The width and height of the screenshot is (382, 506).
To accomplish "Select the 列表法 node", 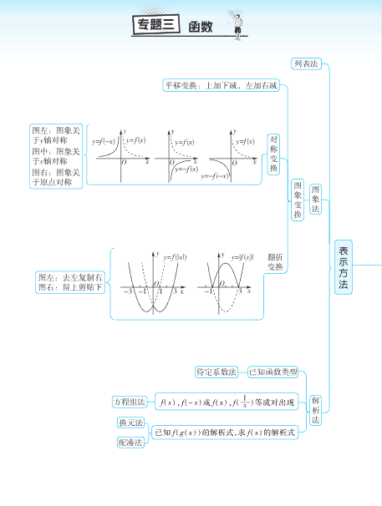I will coord(306,63).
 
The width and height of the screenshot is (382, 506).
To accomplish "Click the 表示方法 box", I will coord(343,267).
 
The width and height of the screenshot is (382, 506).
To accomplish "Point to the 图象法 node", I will coord(316,200).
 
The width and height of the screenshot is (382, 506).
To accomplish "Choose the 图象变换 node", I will coord(298,200).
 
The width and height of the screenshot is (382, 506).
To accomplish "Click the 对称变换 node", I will coord(273,154).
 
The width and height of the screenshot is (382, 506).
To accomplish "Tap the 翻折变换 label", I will coord(275,262).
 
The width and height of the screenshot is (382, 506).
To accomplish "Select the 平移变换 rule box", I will coord(221,85).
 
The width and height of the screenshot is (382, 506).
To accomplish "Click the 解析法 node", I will coord(316,410).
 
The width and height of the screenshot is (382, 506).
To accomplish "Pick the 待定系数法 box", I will coord(216,372).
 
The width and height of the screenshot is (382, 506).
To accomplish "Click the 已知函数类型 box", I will coord(274,372).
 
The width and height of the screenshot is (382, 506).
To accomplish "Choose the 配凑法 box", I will coord(131,442).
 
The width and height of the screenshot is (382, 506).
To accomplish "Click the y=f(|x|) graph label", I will coord(175,257).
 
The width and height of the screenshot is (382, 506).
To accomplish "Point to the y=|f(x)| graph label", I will coord(241,257).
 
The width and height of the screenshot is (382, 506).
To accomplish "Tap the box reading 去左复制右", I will coord(70,282).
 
